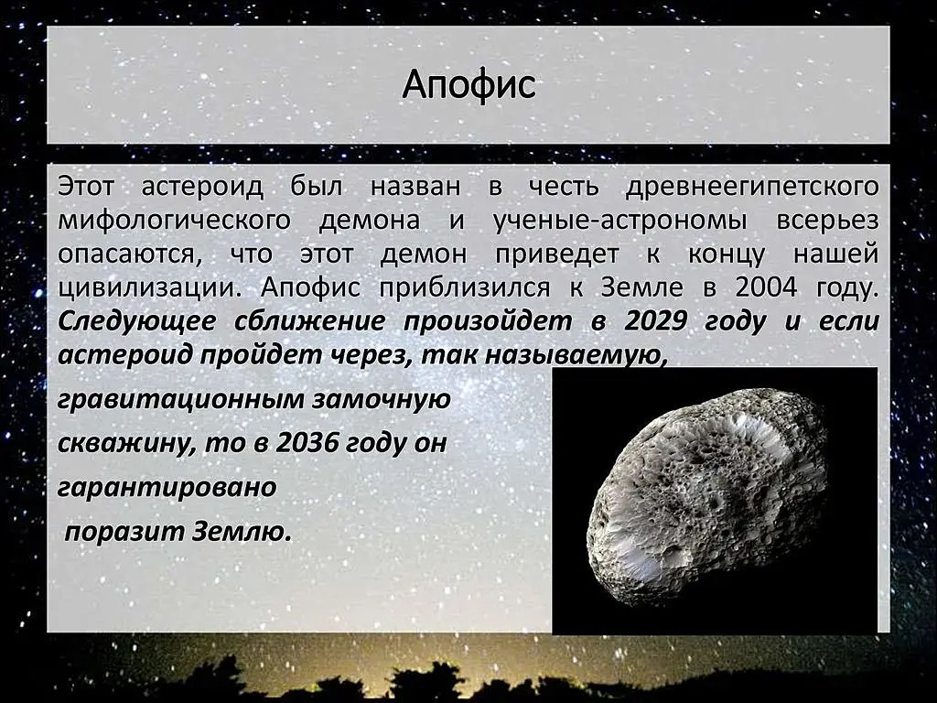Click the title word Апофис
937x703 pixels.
(x=468, y=84)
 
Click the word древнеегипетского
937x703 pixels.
(x=752, y=187)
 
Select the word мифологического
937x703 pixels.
(x=174, y=221)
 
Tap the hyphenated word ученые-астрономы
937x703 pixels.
(x=620, y=221)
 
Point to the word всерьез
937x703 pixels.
(x=827, y=221)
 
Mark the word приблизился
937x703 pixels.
(x=464, y=288)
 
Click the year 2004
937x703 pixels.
(x=766, y=287)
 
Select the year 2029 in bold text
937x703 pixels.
(x=655, y=321)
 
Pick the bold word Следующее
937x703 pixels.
(x=137, y=322)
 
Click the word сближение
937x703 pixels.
(x=309, y=321)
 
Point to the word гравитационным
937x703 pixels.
(x=180, y=400)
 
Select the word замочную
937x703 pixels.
(x=382, y=400)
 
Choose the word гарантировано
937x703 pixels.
(x=167, y=487)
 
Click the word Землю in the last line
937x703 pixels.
(x=242, y=531)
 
